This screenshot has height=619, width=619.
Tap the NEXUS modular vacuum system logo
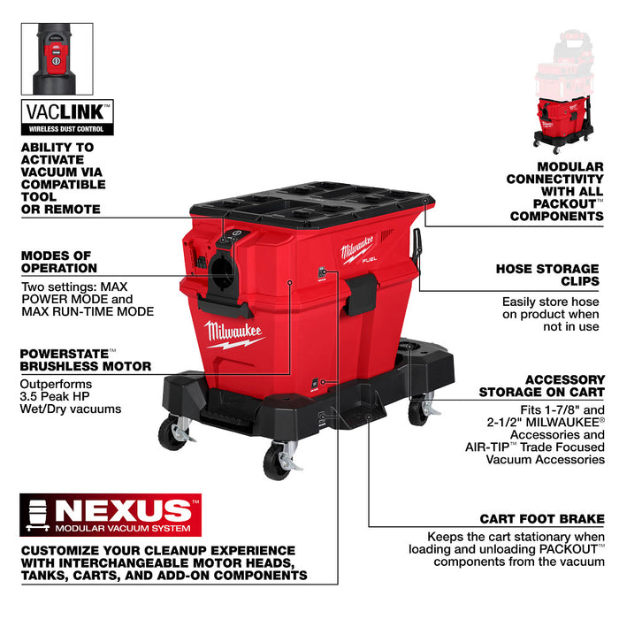(x=111, y=515)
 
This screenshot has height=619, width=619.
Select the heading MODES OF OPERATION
(x=59, y=262)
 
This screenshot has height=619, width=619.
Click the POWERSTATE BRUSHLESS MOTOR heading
(x=85, y=359)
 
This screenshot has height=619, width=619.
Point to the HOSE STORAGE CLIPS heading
(x=549, y=274)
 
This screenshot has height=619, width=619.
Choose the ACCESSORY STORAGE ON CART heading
(x=541, y=385)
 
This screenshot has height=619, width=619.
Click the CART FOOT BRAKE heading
(x=542, y=518)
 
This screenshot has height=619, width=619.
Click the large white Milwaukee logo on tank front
(x=233, y=335)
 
